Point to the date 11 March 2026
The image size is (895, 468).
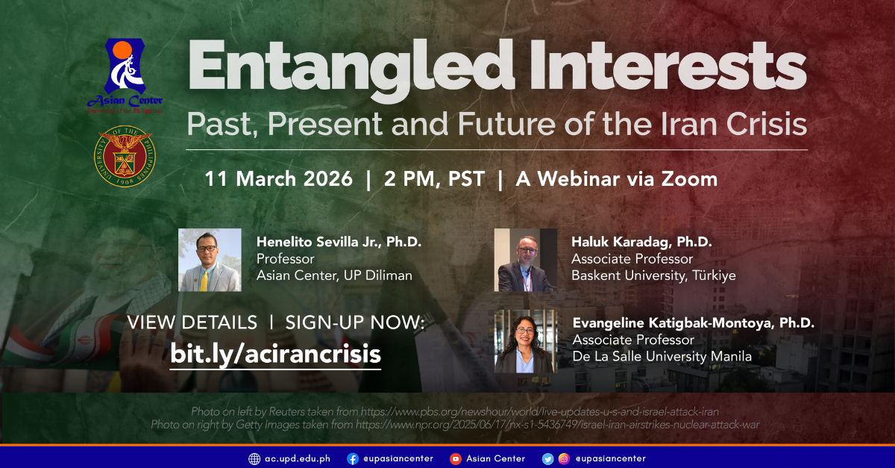[279, 179]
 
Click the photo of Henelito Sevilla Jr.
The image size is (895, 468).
[210, 260]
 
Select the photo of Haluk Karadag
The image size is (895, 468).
[525, 260]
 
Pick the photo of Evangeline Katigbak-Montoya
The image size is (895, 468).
[525, 341]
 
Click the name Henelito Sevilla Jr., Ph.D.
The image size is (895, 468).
[339, 242]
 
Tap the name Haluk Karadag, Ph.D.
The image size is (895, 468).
[641, 242]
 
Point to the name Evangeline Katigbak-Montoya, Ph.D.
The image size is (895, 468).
[693, 323]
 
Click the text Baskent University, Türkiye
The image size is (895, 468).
[653, 275]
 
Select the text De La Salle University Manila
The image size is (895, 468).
[662, 357]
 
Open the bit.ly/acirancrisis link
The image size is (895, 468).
[275, 353]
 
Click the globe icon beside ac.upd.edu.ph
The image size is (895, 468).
[254, 458]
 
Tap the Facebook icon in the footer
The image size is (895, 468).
[352, 458]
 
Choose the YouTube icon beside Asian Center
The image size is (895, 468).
[455, 458]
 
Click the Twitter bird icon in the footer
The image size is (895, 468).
[548, 458]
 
